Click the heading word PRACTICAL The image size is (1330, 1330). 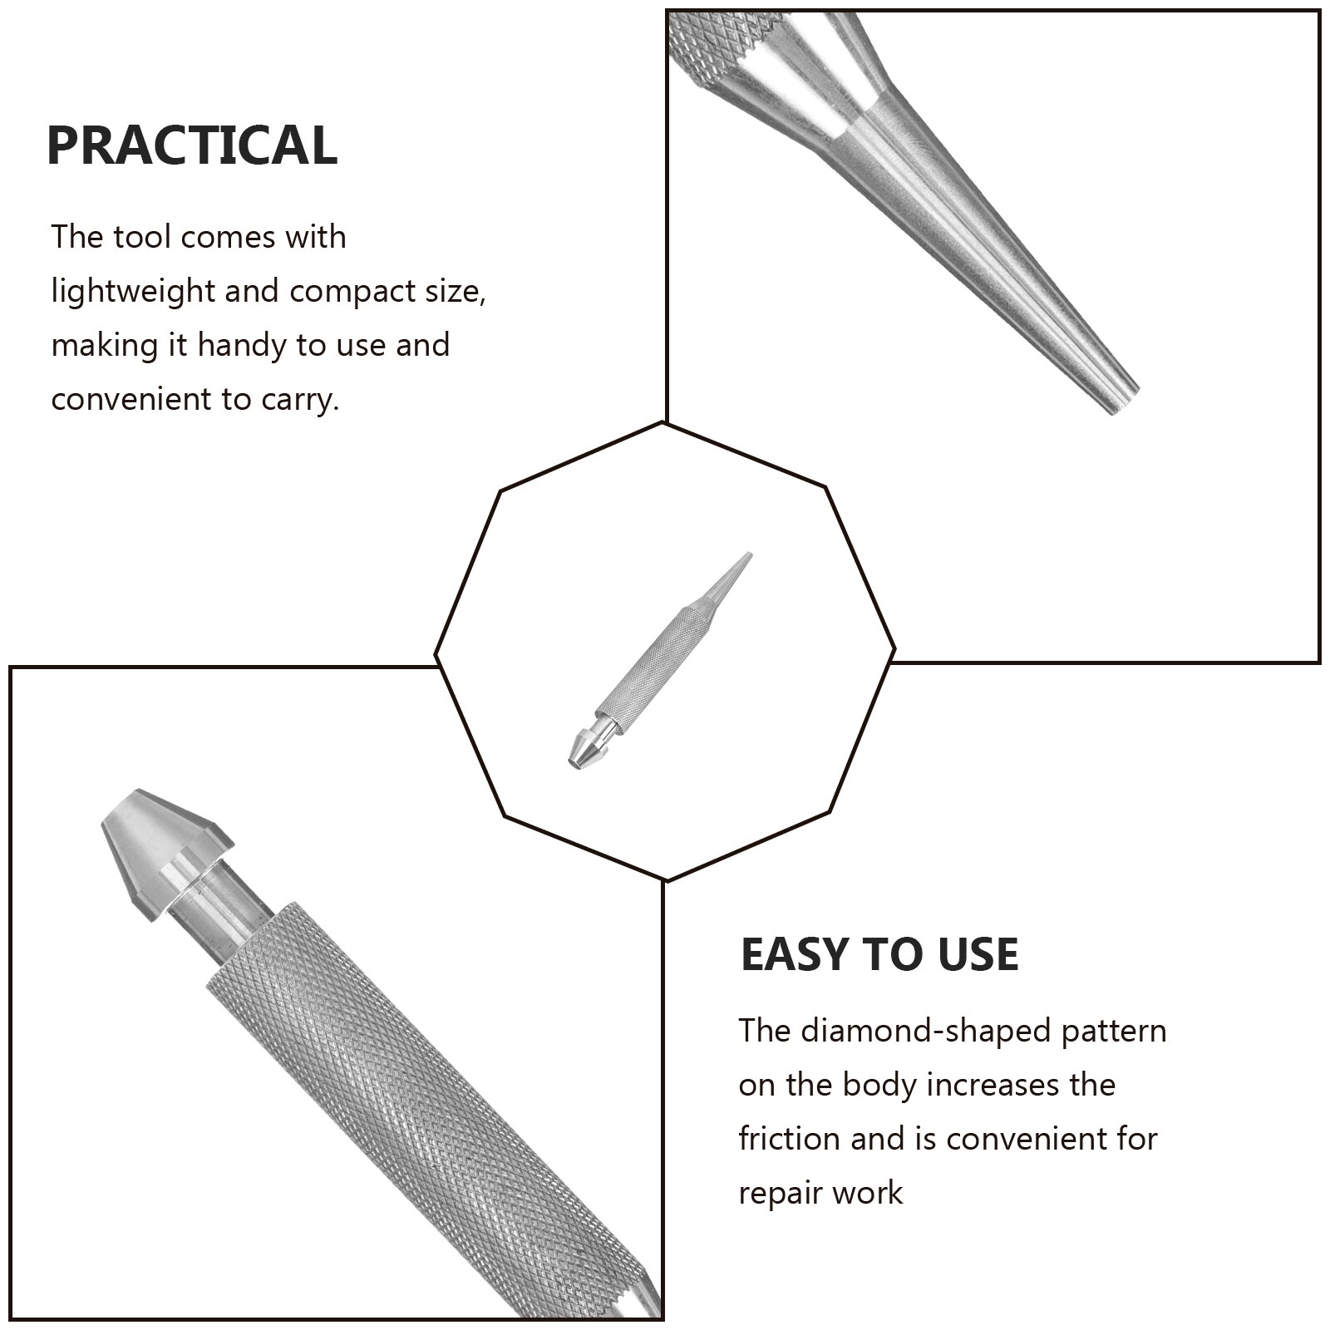192,145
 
